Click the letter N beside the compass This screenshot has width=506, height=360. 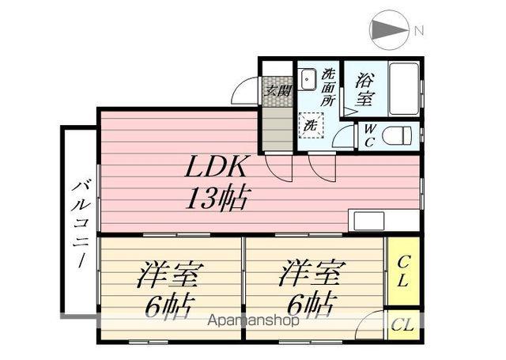(x=420, y=31)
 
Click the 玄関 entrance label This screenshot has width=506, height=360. (x=276, y=90)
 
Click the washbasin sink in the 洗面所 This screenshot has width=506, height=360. (x=308, y=79)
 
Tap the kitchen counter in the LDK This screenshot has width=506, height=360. (x=385, y=220)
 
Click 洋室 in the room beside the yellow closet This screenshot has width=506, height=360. (x=310, y=275)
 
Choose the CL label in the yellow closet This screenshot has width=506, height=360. (x=402, y=271)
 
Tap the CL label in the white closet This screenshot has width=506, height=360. (x=402, y=324)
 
